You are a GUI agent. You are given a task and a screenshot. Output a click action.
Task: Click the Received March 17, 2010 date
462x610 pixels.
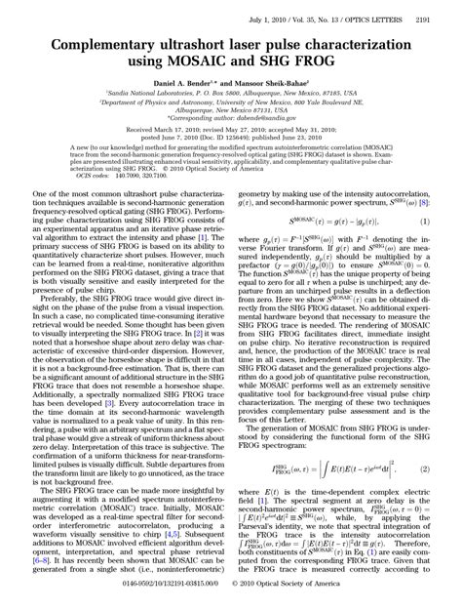coord(172,129)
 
